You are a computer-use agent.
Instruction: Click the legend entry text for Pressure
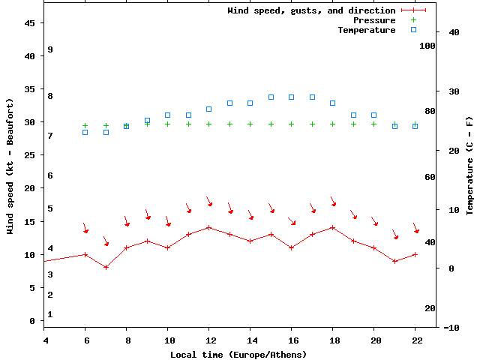373,20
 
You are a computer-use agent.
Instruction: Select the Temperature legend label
366,30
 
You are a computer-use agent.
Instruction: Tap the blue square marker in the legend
413,30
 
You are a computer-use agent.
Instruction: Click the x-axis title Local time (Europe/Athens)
238,354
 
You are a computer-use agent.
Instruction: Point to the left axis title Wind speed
10,166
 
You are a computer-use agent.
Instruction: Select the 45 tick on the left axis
30,23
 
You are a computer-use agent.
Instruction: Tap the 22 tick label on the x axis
415,340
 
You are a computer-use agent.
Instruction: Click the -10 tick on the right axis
452,328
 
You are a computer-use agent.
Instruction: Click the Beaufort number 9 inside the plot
49,49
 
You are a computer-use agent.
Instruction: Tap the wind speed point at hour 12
209,227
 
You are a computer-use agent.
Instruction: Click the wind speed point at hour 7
106,267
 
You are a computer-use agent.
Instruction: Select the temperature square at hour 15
271,97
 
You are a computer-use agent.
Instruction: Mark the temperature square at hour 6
85,132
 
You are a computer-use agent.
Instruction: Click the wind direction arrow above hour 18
332,202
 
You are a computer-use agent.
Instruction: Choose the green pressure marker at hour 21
394,125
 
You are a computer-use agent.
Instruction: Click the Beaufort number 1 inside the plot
49,314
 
